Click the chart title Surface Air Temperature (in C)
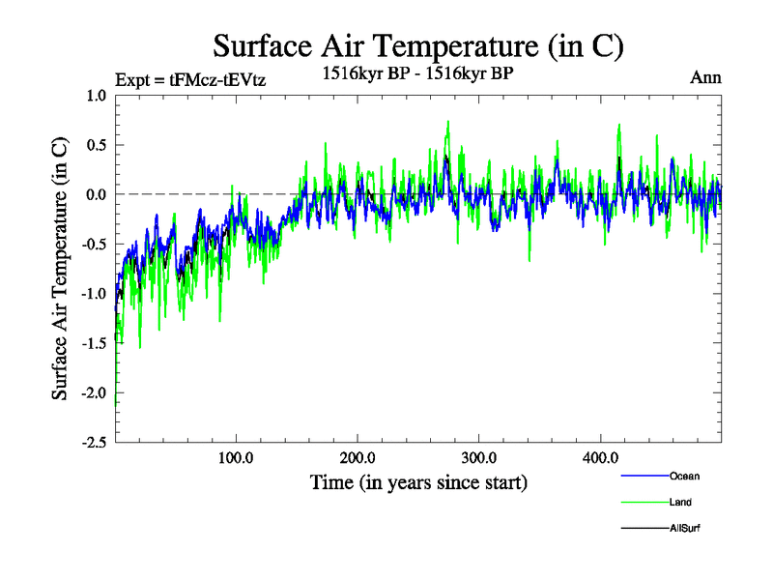click(x=417, y=45)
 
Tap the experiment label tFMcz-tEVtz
click(x=189, y=79)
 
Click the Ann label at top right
click(x=705, y=78)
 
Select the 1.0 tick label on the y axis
click(x=95, y=95)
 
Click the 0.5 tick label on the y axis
click(x=95, y=145)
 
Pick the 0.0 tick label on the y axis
click(x=95, y=194)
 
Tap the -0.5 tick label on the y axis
click(x=93, y=244)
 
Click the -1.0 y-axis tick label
click(x=93, y=294)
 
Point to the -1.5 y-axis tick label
click(x=93, y=343)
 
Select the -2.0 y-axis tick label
click(x=93, y=393)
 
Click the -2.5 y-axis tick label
click(x=93, y=443)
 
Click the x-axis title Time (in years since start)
click(x=418, y=480)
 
